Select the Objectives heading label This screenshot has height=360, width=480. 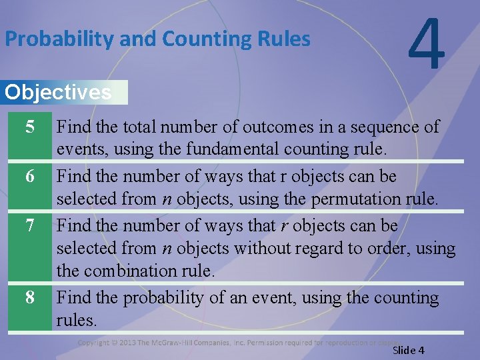click(x=58, y=92)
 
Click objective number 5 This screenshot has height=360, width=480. click(x=29, y=127)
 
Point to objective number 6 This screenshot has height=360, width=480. click(x=29, y=177)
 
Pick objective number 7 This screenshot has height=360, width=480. click(x=29, y=226)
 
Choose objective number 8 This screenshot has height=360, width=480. click(x=29, y=297)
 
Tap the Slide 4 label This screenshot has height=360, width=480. click(x=409, y=351)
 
